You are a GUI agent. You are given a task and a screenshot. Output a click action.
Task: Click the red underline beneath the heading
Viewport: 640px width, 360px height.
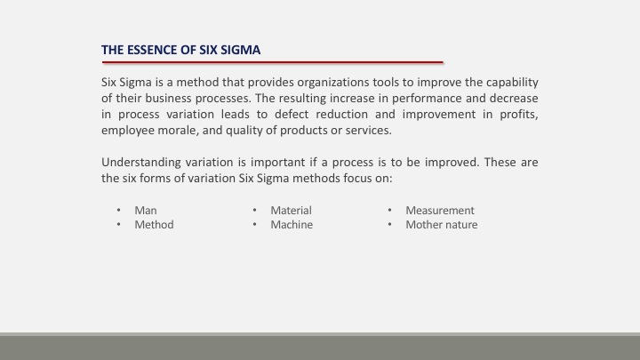click(x=273, y=62)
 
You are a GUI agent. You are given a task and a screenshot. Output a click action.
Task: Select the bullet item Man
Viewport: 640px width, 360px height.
click(x=146, y=210)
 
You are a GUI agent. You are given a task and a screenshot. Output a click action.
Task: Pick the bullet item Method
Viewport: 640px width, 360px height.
click(x=155, y=225)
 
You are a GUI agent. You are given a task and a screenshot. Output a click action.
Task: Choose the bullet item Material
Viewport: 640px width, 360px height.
click(x=291, y=210)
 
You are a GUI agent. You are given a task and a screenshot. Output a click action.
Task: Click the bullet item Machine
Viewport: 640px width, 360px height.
click(x=292, y=225)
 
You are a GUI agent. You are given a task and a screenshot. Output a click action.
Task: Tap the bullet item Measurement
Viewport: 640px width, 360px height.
click(x=440, y=210)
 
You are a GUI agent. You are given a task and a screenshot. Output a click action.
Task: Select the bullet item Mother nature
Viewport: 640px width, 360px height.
click(x=442, y=225)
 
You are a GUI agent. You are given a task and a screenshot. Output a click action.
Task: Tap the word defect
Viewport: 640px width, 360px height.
click(x=292, y=115)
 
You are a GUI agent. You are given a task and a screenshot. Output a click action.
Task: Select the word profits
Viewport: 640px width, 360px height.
click(x=519, y=115)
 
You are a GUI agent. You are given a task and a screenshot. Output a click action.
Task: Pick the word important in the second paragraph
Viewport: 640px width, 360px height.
click(x=277, y=163)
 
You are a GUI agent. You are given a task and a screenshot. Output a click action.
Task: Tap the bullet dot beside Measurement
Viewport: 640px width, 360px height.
click(x=390, y=210)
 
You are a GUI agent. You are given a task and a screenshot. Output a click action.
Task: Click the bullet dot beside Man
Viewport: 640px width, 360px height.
click(x=119, y=210)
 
